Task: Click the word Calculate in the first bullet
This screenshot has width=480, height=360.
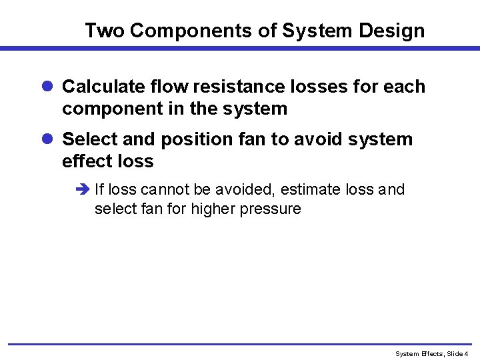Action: point(103,87)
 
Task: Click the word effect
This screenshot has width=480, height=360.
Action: point(85,161)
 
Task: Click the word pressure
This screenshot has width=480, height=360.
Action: point(273,209)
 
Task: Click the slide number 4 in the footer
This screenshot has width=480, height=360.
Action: point(467,353)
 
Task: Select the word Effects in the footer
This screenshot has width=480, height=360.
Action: point(429,353)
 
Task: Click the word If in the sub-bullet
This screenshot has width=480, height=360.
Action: point(99,190)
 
